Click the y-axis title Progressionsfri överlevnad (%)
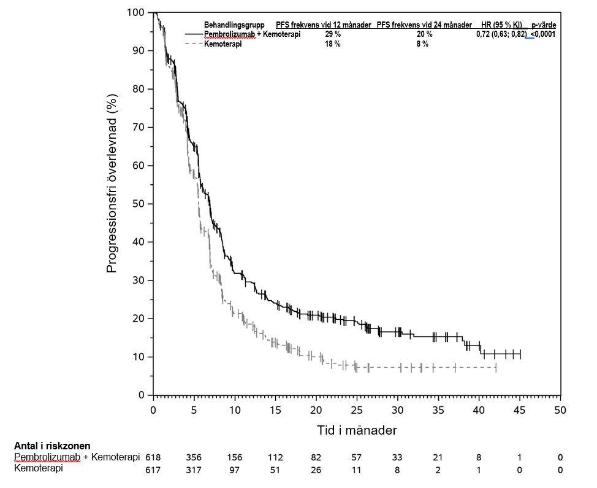click(112, 183)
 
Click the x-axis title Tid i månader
click(357, 430)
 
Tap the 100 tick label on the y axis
click(136, 12)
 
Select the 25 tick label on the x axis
click(357, 411)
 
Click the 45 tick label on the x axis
click(519, 411)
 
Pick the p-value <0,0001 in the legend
click(543, 34)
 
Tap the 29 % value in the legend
click(333, 34)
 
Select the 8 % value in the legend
click(422, 44)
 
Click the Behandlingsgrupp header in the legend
click(234, 25)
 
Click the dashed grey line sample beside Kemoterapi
click(194, 44)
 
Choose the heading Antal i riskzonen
click(52, 446)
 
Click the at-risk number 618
click(153, 457)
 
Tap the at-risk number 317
click(194, 470)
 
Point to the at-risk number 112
click(275, 457)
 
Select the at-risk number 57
click(357, 457)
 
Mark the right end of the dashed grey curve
click(495, 367)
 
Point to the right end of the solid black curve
click(520, 354)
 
